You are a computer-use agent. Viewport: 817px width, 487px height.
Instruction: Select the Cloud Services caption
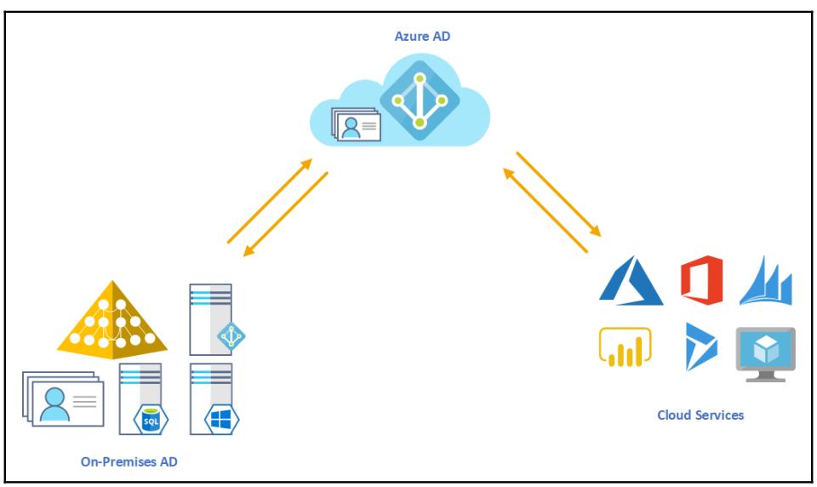(700, 415)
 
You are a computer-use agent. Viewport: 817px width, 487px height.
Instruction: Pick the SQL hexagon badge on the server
(150, 418)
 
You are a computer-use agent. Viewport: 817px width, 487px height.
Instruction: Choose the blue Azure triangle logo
(631, 281)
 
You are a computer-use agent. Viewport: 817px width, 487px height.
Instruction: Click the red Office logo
(701, 280)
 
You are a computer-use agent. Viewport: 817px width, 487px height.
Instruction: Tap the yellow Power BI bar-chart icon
(624, 348)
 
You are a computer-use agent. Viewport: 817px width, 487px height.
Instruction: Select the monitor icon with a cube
(765, 352)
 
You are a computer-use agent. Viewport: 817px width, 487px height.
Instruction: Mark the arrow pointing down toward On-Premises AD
(286, 214)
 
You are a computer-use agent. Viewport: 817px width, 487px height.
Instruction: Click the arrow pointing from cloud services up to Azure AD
(546, 209)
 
